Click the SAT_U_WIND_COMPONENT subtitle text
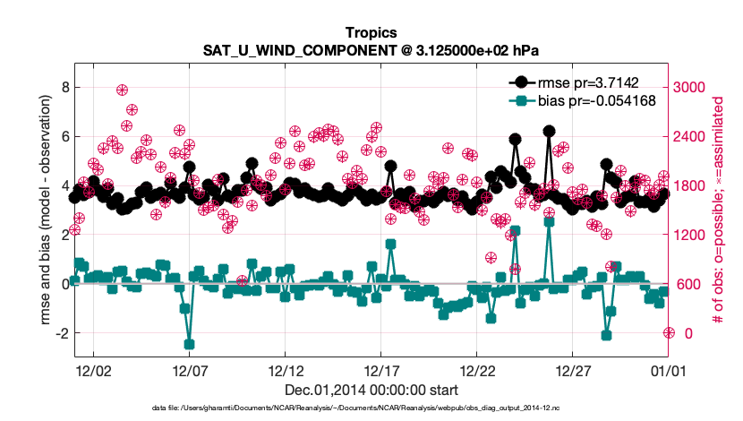click(371, 49)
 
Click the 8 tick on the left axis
click(64, 87)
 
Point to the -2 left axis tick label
click(61, 333)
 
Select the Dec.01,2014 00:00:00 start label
click(371, 390)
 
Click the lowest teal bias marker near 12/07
click(189, 344)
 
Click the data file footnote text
click(371, 408)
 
